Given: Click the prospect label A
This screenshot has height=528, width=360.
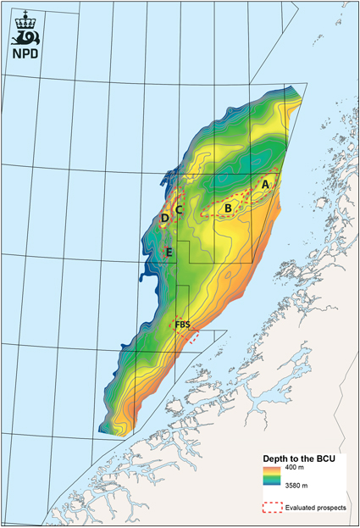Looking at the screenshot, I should (x=265, y=183).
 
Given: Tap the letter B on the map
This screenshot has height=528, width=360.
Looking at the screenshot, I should (x=228, y=207).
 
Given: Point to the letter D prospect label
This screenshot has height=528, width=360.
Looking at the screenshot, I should (x=164, y=220).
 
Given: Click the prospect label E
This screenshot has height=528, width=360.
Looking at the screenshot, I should (x=169, y=252).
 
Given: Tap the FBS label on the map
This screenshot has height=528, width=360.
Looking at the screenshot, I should (x=182, y=325).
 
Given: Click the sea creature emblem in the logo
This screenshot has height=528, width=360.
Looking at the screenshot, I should (x=27, y=36).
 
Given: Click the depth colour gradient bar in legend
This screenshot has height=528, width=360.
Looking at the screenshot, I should (x=272, y=478).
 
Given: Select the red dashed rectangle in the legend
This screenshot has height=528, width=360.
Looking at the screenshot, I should (x=272, y=509).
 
